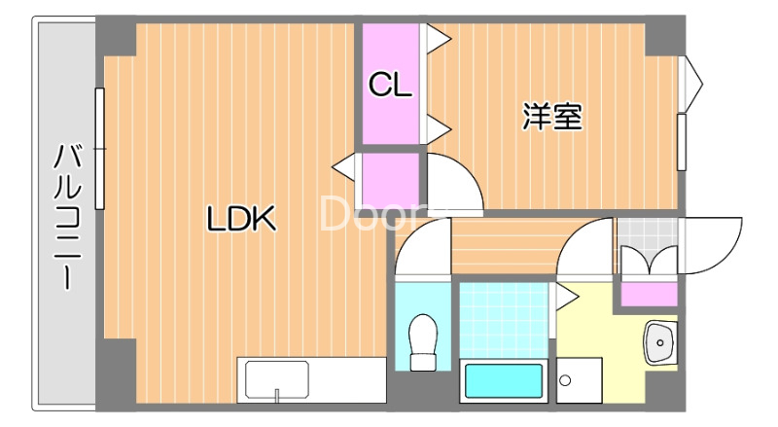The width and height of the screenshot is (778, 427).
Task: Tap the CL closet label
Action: [390, 86]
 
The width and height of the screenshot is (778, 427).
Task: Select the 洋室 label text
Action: [552, 118]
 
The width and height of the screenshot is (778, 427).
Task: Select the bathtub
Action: [503, 380]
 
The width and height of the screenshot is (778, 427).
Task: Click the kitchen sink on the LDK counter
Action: [277, 379]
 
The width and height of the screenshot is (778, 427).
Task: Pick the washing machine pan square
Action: [580, 379]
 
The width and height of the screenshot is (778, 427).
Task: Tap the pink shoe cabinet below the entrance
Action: [649, 293]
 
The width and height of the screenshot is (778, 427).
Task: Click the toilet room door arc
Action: [422, 247]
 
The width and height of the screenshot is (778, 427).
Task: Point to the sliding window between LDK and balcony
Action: [99, 149]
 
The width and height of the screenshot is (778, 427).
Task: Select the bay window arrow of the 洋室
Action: [692, 84]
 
